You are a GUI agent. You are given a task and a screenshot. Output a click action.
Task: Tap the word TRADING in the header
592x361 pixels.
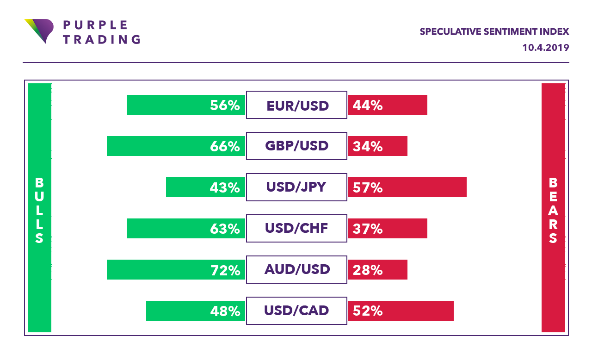[x=101, y=39]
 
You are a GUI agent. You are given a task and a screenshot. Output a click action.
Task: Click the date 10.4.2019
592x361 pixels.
[x=546, y=47]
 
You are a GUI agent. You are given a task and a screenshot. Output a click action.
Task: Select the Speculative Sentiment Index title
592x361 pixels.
[x=494, y=32]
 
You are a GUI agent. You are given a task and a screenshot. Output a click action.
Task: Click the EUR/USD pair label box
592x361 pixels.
[x=296, y=105]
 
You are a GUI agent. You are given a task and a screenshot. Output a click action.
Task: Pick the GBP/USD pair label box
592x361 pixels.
[x=296, y=146]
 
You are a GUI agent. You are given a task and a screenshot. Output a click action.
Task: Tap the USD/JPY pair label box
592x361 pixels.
[x=296, y=187]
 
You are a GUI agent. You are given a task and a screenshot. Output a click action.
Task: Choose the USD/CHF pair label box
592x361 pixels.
[x=296, y=228]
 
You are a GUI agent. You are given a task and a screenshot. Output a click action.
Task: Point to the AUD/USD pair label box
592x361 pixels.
[x=296, y=269]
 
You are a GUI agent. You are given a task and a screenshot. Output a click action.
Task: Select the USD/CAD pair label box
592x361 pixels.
[x=296, y=311]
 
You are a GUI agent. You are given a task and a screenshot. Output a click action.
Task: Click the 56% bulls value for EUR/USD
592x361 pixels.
[x=225, y=106]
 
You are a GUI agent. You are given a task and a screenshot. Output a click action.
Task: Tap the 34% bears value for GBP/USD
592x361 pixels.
[x=368, y=147]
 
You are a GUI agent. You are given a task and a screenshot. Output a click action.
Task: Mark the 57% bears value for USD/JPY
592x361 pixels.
[x=368, y=187]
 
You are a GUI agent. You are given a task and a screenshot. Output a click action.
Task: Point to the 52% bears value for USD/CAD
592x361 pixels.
[x=368, y=311]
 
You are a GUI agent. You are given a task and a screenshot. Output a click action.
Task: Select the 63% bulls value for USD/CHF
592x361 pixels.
[x=225, y=229]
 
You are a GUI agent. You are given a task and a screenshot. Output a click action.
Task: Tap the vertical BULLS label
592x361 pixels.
[x=39, y=211]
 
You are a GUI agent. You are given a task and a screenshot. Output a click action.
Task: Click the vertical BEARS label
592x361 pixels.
[x=553, y=211]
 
